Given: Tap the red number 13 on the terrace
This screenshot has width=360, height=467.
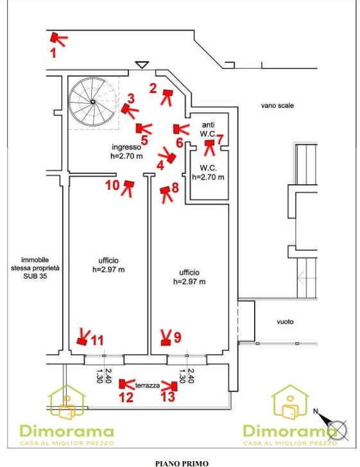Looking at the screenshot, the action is click(x=167, y=396).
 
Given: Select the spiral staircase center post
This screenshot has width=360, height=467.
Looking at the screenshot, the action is click(x=93, y=102).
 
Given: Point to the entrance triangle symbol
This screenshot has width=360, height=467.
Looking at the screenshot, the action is click(x=142, y=64).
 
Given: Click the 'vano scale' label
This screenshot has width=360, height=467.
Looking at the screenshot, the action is click(x=277, y=105).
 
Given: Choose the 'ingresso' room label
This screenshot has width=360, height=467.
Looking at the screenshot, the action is click(x=126, y=147).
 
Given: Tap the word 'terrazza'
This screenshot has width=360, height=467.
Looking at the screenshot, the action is click(x=148, y=386).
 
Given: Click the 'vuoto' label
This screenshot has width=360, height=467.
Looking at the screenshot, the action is click(x=285, y=321).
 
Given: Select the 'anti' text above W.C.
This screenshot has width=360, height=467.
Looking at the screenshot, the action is click(x=208, y=125).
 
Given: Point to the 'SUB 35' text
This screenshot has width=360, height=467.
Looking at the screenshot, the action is click(x=35, y=276).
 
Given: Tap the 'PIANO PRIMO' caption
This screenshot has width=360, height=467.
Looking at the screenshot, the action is click(x=182, y=463).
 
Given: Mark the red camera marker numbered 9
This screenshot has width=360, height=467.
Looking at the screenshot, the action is click(x=166, y=337).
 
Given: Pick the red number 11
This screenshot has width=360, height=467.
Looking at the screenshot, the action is click(x=97, y=340).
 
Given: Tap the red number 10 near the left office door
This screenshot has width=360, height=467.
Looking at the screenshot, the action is click(x=112, y=185).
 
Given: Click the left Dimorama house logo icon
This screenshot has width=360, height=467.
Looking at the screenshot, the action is click(x=67, y=402).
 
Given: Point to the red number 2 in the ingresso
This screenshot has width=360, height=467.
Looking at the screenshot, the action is click(x=153, y=88).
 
